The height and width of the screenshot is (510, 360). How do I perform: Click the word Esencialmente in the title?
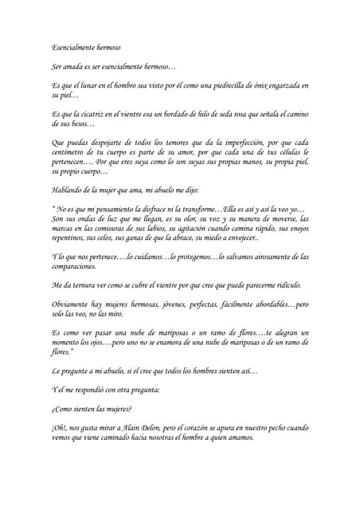click(x=72, y=49)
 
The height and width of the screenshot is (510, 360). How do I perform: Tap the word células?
click(x=280, y=153)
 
